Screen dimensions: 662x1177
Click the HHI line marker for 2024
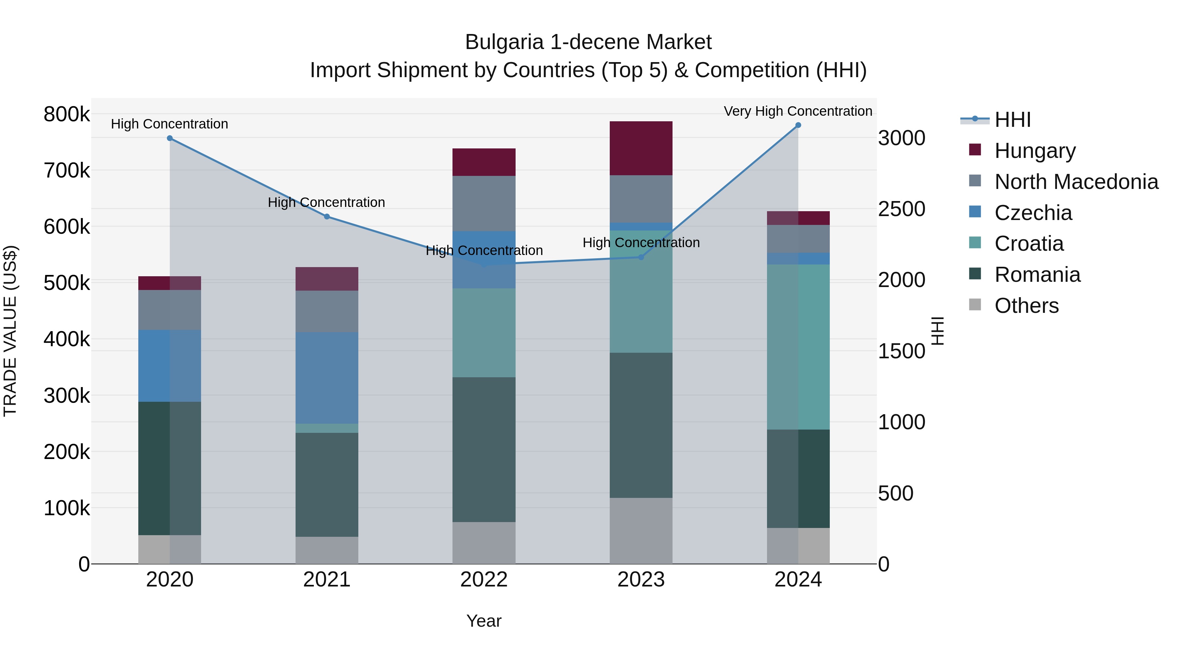(x=798, y=125)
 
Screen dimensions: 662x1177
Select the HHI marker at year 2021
(x=327, y=216)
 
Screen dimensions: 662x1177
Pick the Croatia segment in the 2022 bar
(x=484, y=332)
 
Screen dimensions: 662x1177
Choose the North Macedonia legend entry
(x=1076, y=182)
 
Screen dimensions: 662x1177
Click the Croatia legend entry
(x=1029, y=244)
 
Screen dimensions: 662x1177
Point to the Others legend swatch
(x=975, y=305)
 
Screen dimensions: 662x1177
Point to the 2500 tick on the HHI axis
(x=901, y=209)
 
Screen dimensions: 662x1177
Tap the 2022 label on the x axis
(x=484, y=580)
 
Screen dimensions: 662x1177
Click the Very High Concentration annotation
(x=798, y=111)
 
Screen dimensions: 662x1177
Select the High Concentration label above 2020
(x=169, y=124)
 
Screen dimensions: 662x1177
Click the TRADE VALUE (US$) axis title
(x=10, y=331)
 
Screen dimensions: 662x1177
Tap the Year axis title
(x=484, y=621)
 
